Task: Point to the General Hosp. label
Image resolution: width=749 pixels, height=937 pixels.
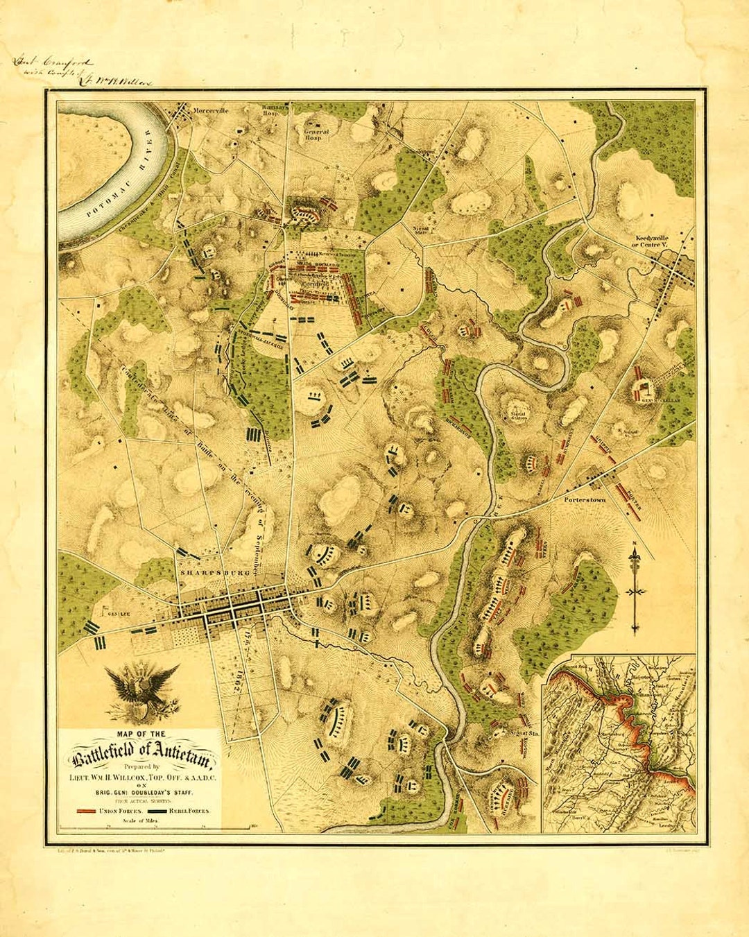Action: [317, 135]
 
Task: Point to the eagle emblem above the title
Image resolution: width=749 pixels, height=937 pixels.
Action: [141, 690]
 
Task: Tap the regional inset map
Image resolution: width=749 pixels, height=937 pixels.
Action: [619, 743]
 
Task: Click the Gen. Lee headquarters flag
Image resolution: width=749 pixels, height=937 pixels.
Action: [105, 612]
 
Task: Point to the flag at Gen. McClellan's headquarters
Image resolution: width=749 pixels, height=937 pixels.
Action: [641, 388]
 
